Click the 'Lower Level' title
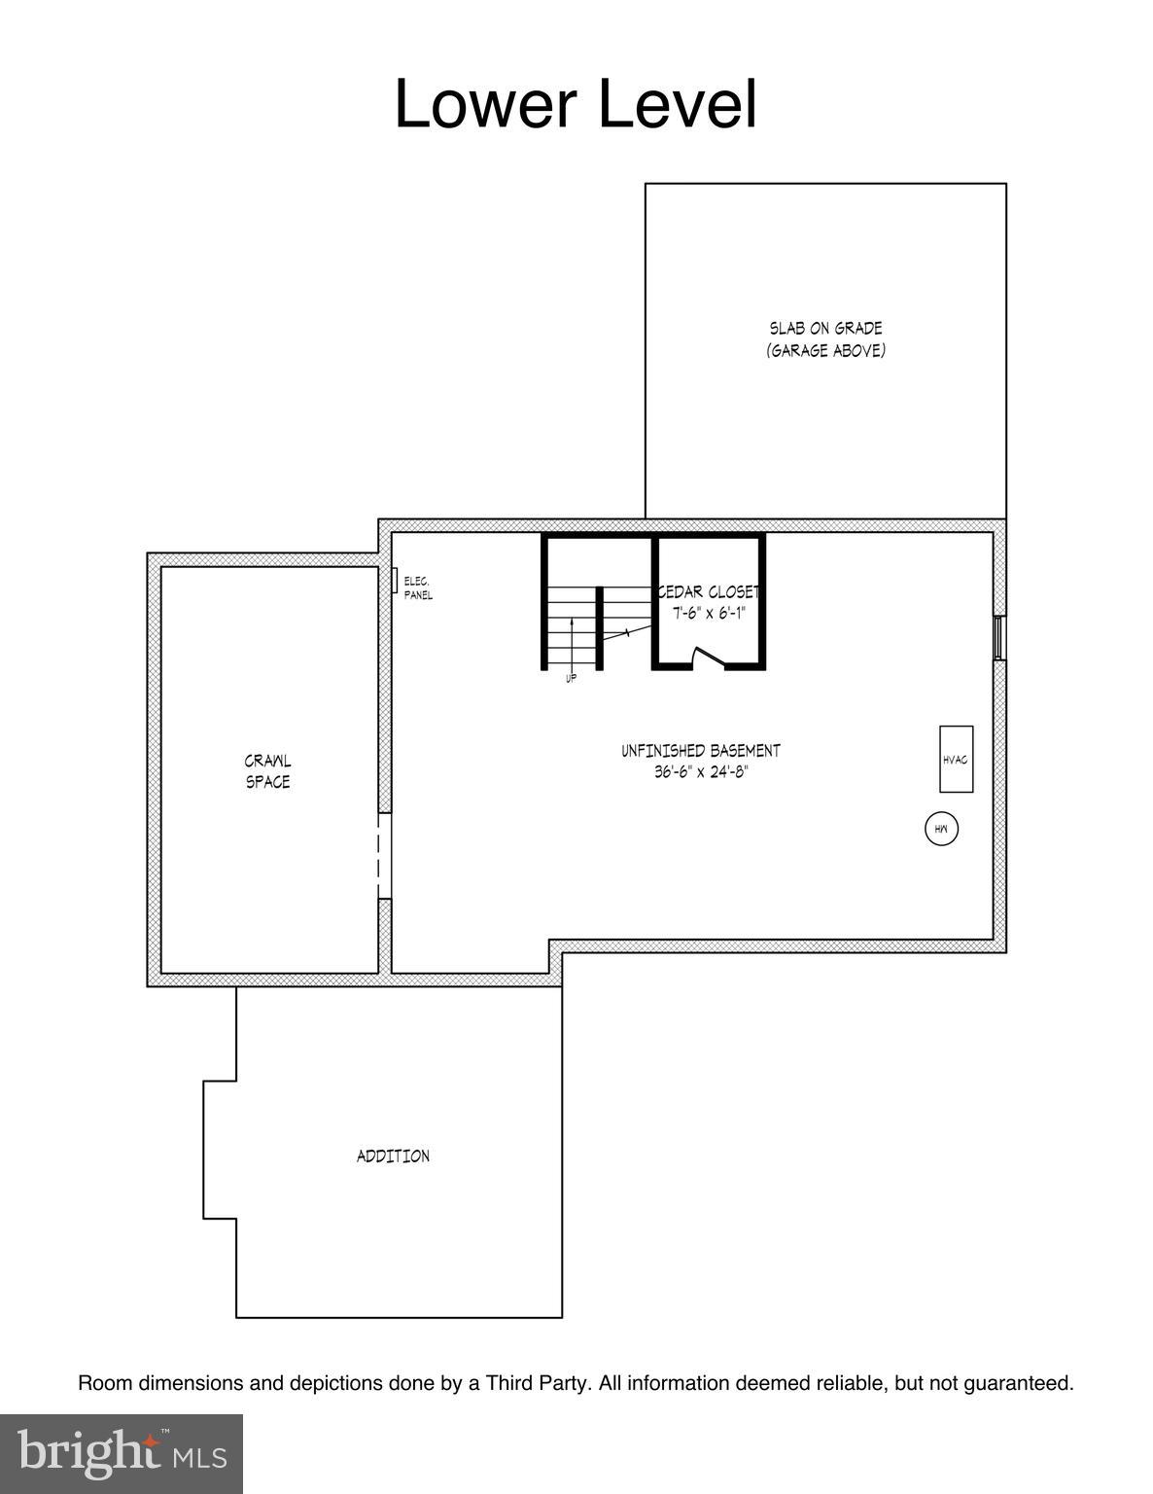[x=575, y=104]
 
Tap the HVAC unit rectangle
[x=955, y=759]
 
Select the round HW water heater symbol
[x=941, y=829]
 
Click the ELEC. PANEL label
[x=418, y=588]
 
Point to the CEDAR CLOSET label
[x=709, y=592]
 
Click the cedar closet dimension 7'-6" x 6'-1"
[x=709, y=613]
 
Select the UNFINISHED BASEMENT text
[x=700, y=751]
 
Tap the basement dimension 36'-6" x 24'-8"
[x=700, y=772]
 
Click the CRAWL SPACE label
[x=267, y=771]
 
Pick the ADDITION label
[x=393, y=1156]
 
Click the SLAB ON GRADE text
[x=825, y=329]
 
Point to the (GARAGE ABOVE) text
[x=825, y=350]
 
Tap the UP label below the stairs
[x=571, y=678]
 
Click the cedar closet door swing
[x=707, y=658]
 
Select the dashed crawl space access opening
[x=384, y=856]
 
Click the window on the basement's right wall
[x=998, y=638]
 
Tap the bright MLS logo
[x=122, y=1454]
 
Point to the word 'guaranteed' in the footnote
[x=1018, y=1382]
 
